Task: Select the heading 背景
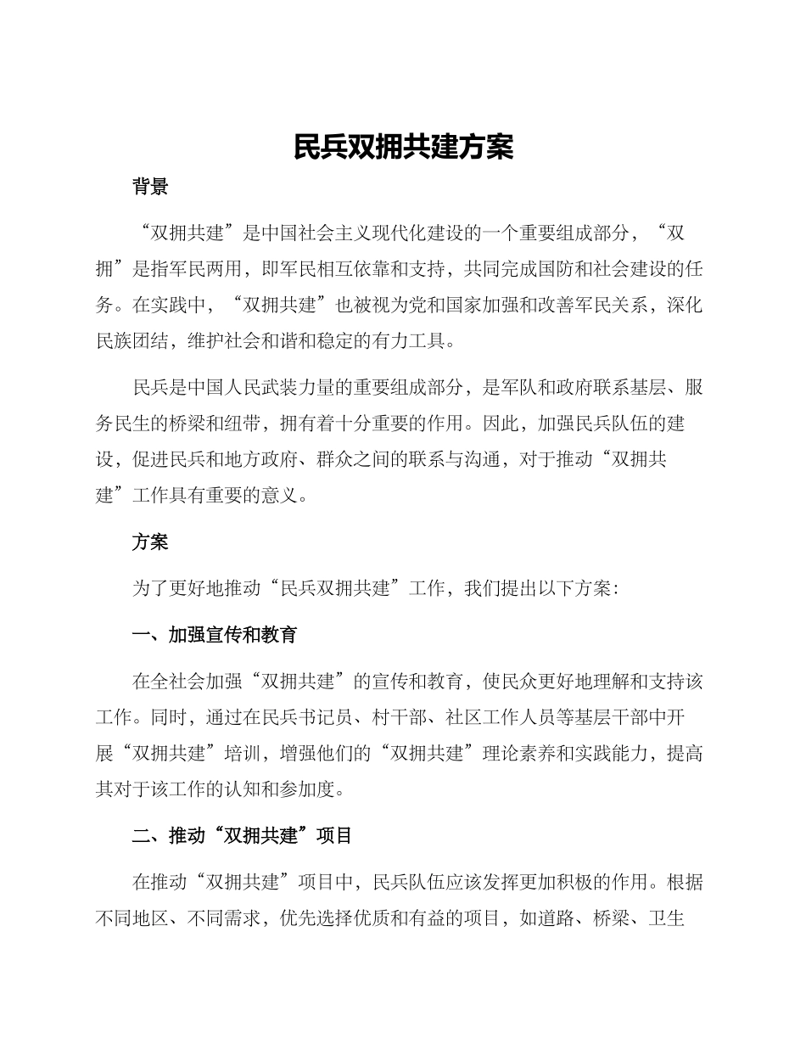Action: [x=150, y=188]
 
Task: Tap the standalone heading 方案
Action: [x=150, y=542]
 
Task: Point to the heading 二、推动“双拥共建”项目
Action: [x=242, y=836]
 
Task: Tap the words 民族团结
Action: [x=132, y=343]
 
